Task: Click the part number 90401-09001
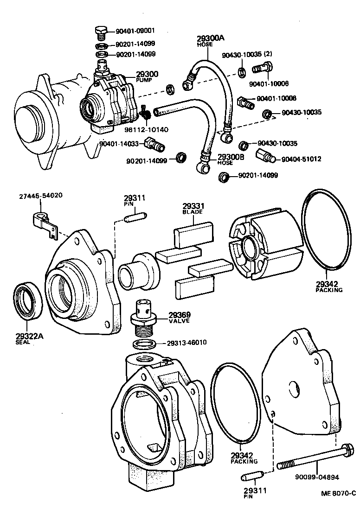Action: pos(135,31)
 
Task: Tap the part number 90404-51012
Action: pos(302,159)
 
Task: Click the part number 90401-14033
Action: pos(119,144)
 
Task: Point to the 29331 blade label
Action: pos(191,207)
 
